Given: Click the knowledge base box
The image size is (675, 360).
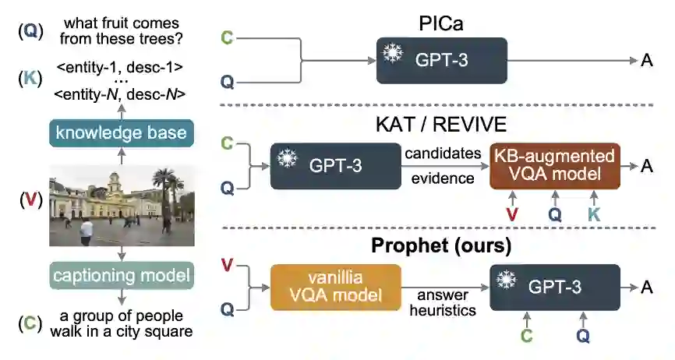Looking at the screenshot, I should click(121, 132).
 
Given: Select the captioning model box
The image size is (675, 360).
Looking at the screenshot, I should click(121, 274).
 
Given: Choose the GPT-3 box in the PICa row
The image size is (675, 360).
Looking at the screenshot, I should click(441, 61).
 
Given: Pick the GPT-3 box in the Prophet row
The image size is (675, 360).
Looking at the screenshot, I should click(555, 286).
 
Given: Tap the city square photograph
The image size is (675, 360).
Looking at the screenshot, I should click(121, 204).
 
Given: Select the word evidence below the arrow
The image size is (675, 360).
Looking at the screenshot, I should click(442, 178).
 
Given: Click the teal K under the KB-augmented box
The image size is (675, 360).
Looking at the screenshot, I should click(594, 214).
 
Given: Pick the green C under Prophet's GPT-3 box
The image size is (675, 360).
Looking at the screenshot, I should click(527, 336).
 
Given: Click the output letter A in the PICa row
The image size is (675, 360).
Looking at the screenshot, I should click(646, 61).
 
